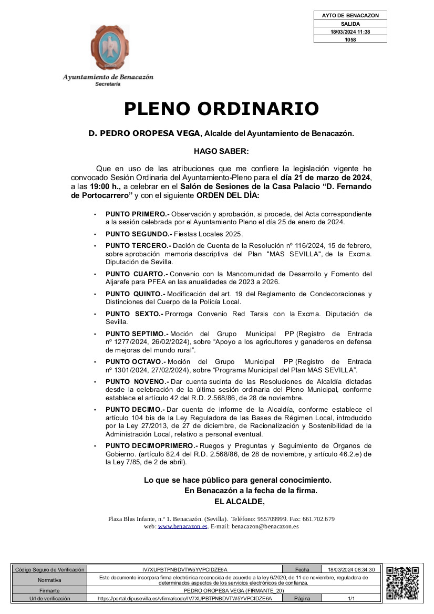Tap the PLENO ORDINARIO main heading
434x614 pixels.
point(221,109)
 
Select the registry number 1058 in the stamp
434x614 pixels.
point(350,39)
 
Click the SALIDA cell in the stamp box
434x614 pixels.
point(350,24)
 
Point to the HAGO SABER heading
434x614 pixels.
point(221,151)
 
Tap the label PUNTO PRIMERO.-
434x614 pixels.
point(137,214)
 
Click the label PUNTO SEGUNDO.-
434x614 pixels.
point(138,234)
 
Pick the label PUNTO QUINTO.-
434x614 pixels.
point(135,294)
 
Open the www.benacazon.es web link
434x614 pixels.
point(183,526)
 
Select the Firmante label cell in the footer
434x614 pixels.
point(49,590)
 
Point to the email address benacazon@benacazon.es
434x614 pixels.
point(265,526)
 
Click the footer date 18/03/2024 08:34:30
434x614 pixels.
point(351,569)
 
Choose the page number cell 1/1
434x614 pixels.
point(351,598)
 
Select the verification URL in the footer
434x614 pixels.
point(185,598)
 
